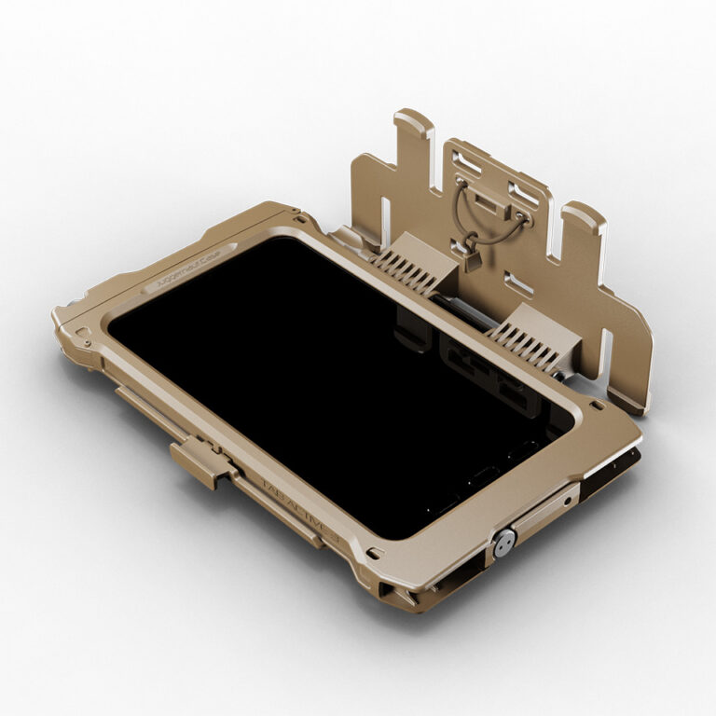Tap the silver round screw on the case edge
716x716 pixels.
tap(504, 543)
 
